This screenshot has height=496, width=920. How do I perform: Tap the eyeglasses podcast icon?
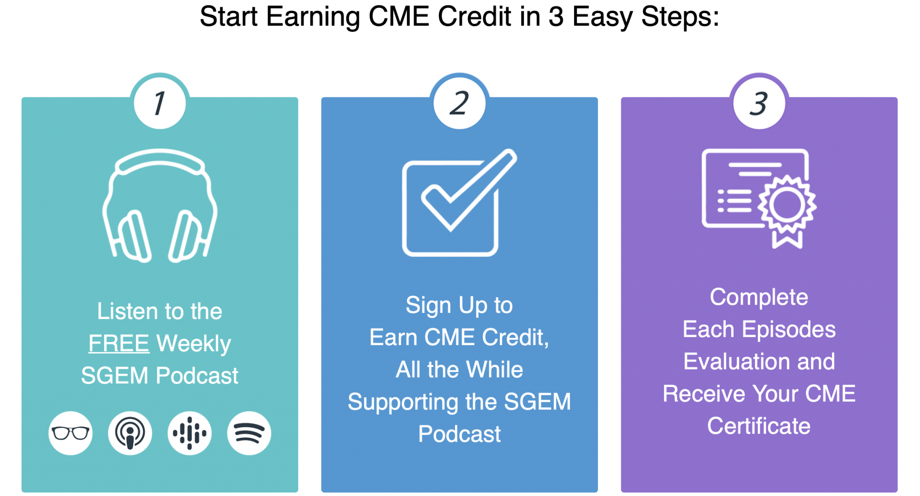tap(71, 433)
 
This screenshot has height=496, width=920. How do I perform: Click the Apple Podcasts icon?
tap(130, 433)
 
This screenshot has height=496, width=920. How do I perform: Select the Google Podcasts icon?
tap(190, 433)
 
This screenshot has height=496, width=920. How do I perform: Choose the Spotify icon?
tap(249, 433)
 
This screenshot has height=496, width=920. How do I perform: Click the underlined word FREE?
tap(119, 344)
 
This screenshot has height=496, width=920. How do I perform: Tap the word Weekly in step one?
tap(194, 344)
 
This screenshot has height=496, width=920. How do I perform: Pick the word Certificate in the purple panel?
tap(759, 426)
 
